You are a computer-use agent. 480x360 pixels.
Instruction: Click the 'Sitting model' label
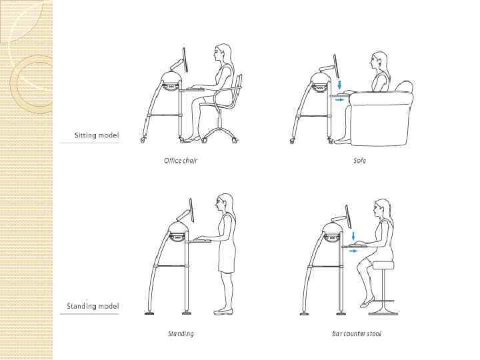click(x=97, y=135)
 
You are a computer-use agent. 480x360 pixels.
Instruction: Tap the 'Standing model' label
click(x=93, y=306)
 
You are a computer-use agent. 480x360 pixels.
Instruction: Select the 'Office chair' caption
click(x=181, y=161)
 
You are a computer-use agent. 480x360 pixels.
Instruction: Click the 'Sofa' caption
click(x=360, y=161)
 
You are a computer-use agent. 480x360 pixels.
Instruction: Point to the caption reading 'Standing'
click(x=181, y=333)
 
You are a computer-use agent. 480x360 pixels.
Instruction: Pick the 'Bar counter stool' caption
click(x=357, y=333)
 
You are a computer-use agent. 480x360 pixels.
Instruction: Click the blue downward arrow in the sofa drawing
click(x=339, y=85)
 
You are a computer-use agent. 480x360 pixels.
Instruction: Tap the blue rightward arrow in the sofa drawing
click(x=340, y=100)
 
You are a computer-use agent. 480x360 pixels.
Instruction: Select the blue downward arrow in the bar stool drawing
click(x=354, y=236)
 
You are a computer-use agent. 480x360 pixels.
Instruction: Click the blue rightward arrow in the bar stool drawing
click(x=353, y=251)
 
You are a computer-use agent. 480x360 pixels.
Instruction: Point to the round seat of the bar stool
click(x=383, y=265)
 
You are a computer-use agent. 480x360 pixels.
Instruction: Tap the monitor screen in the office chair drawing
click(x=185, y=60)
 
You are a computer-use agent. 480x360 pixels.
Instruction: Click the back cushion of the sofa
click(x=405, y=86)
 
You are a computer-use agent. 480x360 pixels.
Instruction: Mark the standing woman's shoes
click(x=223, y=311)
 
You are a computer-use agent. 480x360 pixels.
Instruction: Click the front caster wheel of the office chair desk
click(x=143, y=140)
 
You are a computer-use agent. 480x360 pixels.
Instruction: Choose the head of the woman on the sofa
click(x=379, y=61)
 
